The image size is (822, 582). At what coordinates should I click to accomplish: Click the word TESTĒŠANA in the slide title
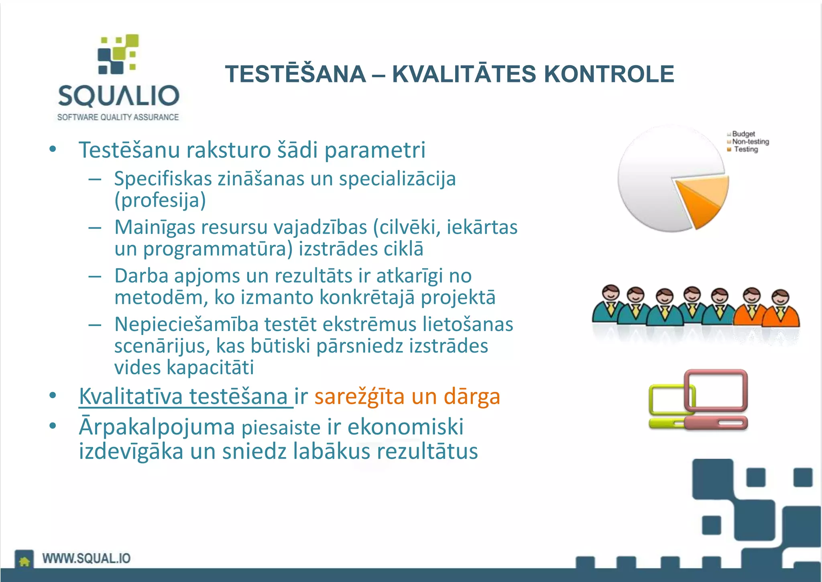tap(295, 74)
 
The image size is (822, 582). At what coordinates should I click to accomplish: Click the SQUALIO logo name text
tap(118, 96)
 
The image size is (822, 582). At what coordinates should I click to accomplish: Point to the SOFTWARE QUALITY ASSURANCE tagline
tap(118, 117)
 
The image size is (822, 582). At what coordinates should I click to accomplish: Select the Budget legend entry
tap(743, 134)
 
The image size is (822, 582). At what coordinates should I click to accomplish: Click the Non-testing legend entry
tap(750, 141)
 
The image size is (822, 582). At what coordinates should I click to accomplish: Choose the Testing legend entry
tap(745, 149)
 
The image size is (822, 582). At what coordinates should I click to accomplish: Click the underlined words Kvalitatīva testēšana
tap(185, 396)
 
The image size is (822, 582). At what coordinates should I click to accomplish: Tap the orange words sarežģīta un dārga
tap(407, 396)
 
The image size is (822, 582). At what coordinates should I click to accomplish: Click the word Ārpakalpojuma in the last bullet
tap(157, 427)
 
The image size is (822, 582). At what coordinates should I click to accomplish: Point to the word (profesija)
tap(160, 200)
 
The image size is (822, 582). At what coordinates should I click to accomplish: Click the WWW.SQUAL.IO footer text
tap(86, 558)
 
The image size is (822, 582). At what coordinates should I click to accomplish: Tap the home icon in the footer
tap(24, 560)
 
